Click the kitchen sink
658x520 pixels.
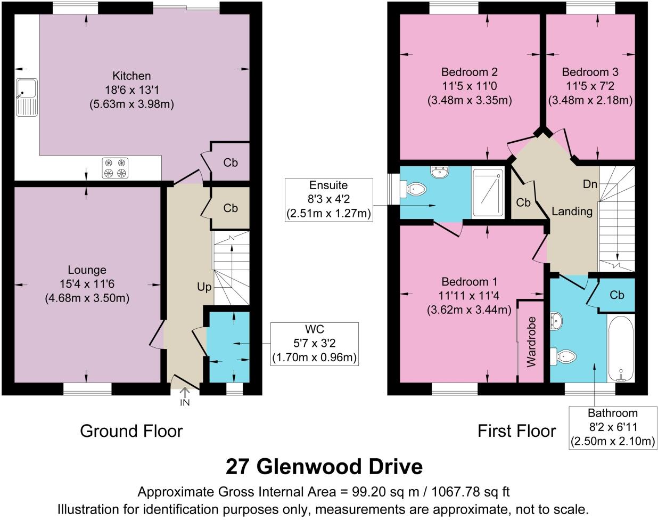pos(27,97)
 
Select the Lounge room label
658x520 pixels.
pos(87,270)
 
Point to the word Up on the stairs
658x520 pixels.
pos(204,287)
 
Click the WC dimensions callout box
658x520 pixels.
pos(314,344)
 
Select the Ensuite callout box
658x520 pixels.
pos(328,200)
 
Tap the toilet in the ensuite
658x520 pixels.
pos(415,189)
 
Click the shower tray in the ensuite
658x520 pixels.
pos(487,194)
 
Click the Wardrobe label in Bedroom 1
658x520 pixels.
pos(531,342)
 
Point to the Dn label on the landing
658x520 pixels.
pos(590,184)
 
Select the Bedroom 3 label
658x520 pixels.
pos(590,72)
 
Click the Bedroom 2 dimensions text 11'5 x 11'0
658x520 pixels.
pos(469,86)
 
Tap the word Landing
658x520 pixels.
pos(572,212)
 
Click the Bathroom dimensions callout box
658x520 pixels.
pos(612,427)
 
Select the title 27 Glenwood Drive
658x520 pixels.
pos(324,467)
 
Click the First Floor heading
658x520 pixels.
pos(516,430)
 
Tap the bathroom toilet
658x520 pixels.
pos(565,356)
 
